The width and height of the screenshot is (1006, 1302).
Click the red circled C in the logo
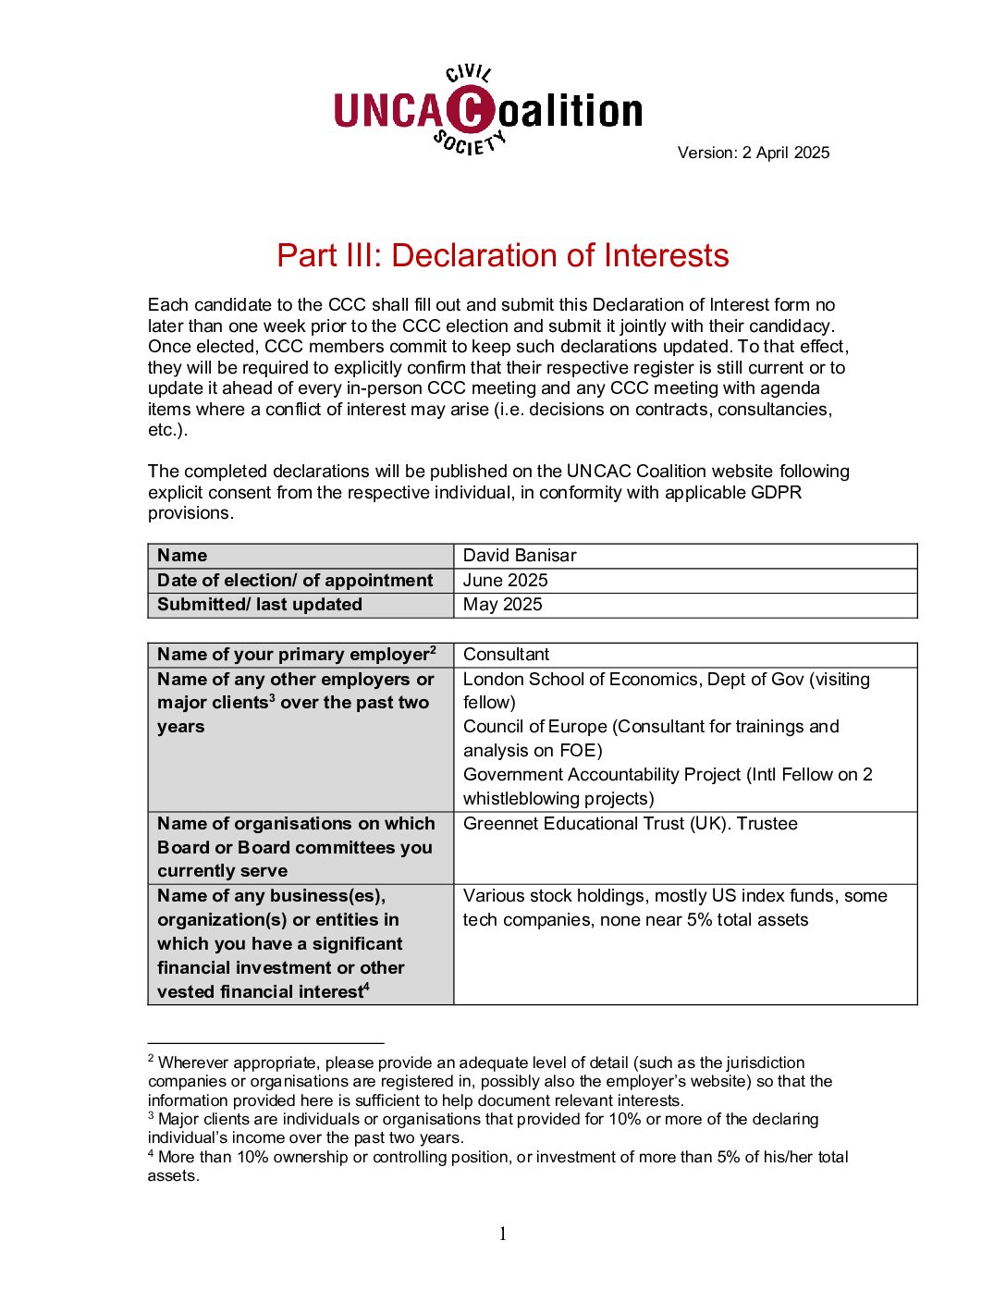[x=471, y=111]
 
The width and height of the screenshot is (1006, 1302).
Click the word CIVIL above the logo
[x=469, y=73]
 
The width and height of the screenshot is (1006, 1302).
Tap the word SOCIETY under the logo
[x=470, y=143]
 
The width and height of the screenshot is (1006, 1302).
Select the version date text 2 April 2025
[x=785, y=153]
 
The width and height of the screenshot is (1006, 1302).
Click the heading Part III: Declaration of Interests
[x=503, y=255]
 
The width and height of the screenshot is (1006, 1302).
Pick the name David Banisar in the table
[x=520, y=555]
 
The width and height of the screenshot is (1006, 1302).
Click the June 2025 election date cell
[x=505, y=580]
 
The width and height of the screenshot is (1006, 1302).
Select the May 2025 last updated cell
[x=502, y=604]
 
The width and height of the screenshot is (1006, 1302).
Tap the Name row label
[x=182, y=555]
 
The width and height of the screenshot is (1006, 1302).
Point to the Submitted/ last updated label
[x=260, y=604]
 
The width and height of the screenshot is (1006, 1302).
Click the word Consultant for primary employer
[x=506, y=654]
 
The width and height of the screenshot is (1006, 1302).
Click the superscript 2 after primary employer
[x=433, y=649]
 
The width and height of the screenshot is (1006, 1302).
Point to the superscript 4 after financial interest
[x=366, y=987]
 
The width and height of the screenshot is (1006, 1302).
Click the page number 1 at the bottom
[x=503, y=1234]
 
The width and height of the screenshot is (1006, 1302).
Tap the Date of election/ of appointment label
[x=295, y=580]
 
